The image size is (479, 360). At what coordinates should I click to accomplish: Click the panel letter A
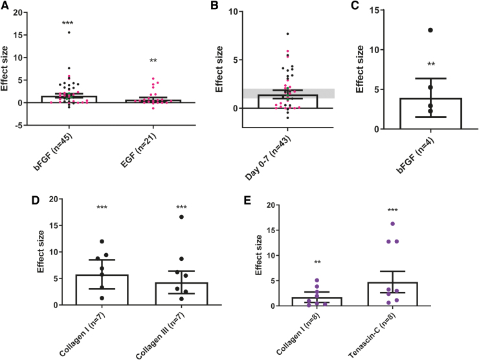point(6,7)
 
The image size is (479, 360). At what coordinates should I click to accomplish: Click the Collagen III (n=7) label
point(168,328)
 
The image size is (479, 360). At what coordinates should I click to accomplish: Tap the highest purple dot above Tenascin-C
point(392,224)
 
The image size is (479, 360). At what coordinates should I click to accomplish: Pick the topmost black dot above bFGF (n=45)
point(68,32)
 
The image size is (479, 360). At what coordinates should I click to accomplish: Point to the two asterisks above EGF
point(153,61)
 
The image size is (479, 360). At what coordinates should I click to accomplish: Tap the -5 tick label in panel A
point(25,125)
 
